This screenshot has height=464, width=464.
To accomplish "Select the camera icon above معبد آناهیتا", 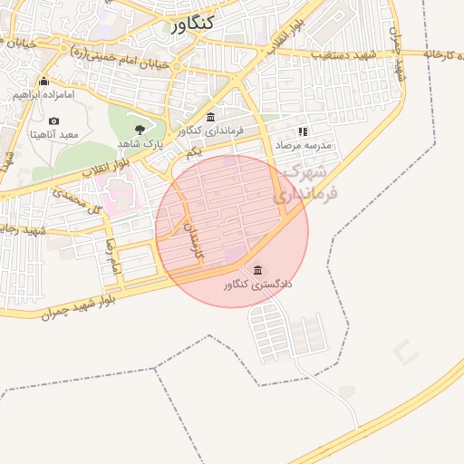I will coord(53,121).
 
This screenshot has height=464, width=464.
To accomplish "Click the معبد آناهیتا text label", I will coord(54,135).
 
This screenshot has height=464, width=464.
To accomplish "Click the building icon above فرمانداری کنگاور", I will coord(211,117).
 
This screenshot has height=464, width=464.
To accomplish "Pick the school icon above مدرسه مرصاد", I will coord(303,130).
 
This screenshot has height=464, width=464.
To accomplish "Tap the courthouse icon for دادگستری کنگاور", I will coord(259,270).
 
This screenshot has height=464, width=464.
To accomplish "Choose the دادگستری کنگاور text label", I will coord(259,285).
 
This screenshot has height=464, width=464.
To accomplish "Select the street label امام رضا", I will coord(112,258).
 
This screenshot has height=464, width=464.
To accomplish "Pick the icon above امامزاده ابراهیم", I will coord(43,82).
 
